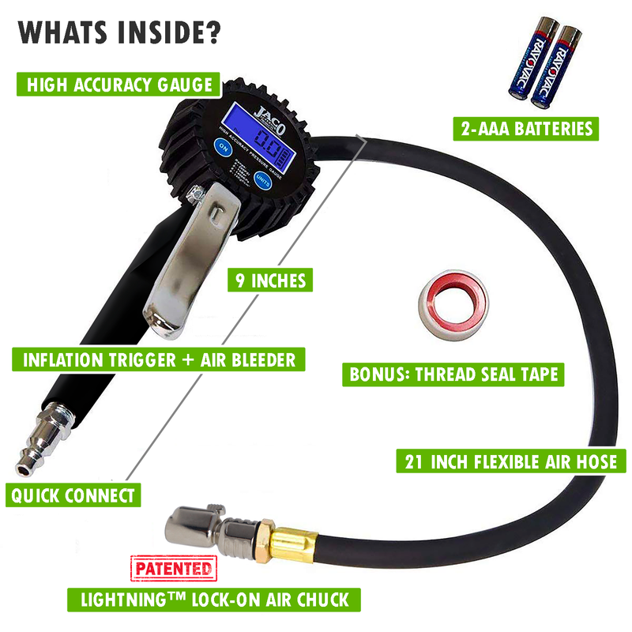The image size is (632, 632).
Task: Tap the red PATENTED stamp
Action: (172, 569)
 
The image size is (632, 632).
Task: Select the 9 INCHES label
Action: (266, 281)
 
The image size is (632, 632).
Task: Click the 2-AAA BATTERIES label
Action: (524, 127)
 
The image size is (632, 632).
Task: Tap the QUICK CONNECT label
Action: (72, 496)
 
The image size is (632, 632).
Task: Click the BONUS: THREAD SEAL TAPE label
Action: (453, 374)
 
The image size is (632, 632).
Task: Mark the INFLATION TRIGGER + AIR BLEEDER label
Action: (158, 360)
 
